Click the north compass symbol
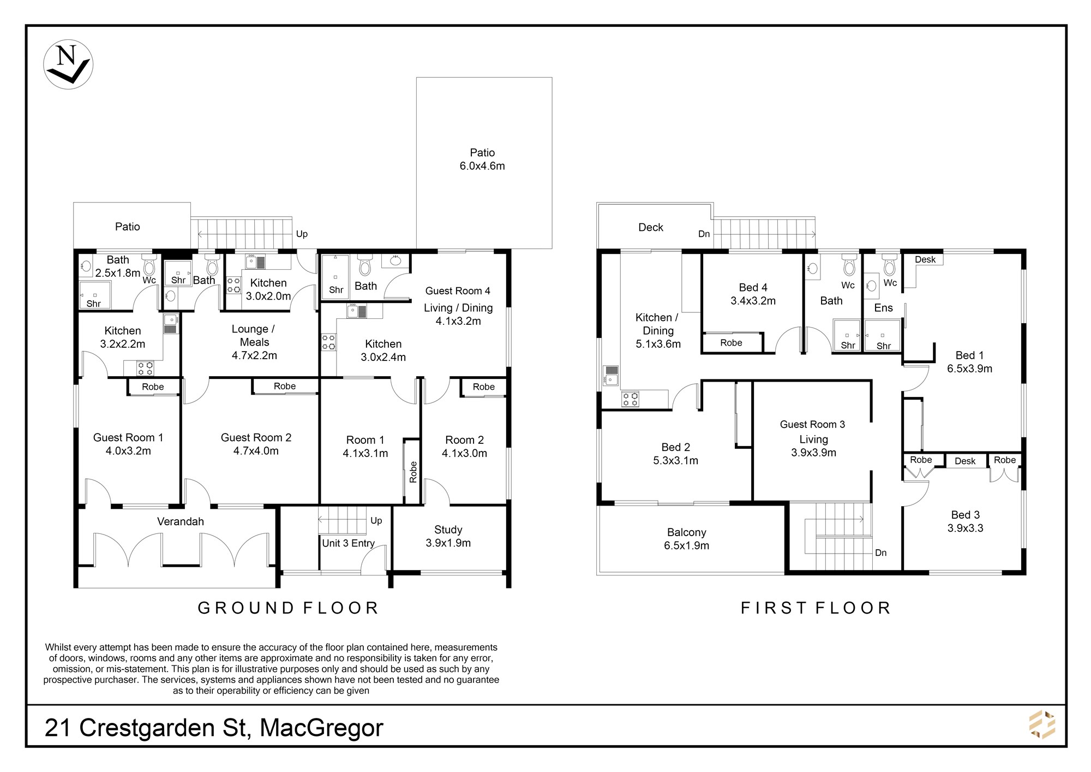point(68,64)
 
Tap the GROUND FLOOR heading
point(288,608)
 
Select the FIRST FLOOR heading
point(816,608)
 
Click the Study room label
point(448,530)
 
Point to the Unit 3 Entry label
point(348,543)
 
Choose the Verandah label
point(181,521)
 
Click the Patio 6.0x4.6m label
point(482,159)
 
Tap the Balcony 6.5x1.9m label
point(687,539)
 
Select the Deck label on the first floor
point(651,227)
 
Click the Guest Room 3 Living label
point(813,431)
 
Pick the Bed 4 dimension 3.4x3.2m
point(753,301)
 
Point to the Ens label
point(883,308)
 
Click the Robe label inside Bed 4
point(731,343)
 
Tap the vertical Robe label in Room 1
point(413,472)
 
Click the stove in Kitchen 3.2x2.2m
point(145,368)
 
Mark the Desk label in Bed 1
point(925,260)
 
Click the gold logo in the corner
point(1042,725)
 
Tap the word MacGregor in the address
point(322,728)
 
